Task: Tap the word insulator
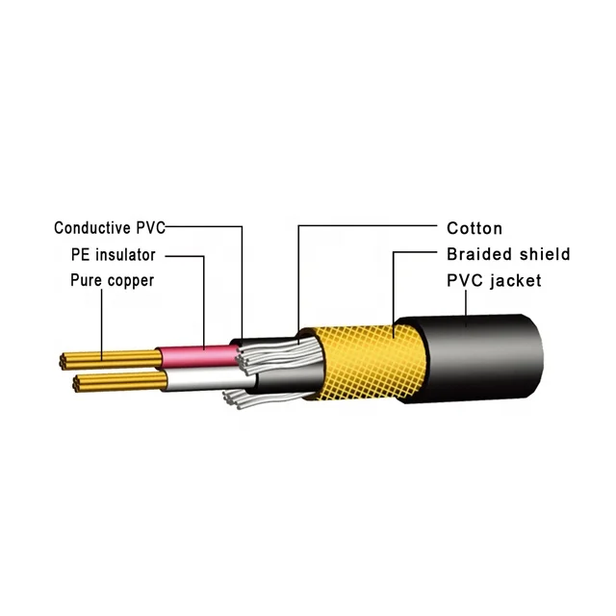coord(128,255)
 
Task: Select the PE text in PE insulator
coord(82,255)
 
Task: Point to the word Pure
coord(86,281)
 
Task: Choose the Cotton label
coord(475,228)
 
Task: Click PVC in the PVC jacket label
coord(465,282)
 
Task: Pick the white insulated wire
coord(197,381)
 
